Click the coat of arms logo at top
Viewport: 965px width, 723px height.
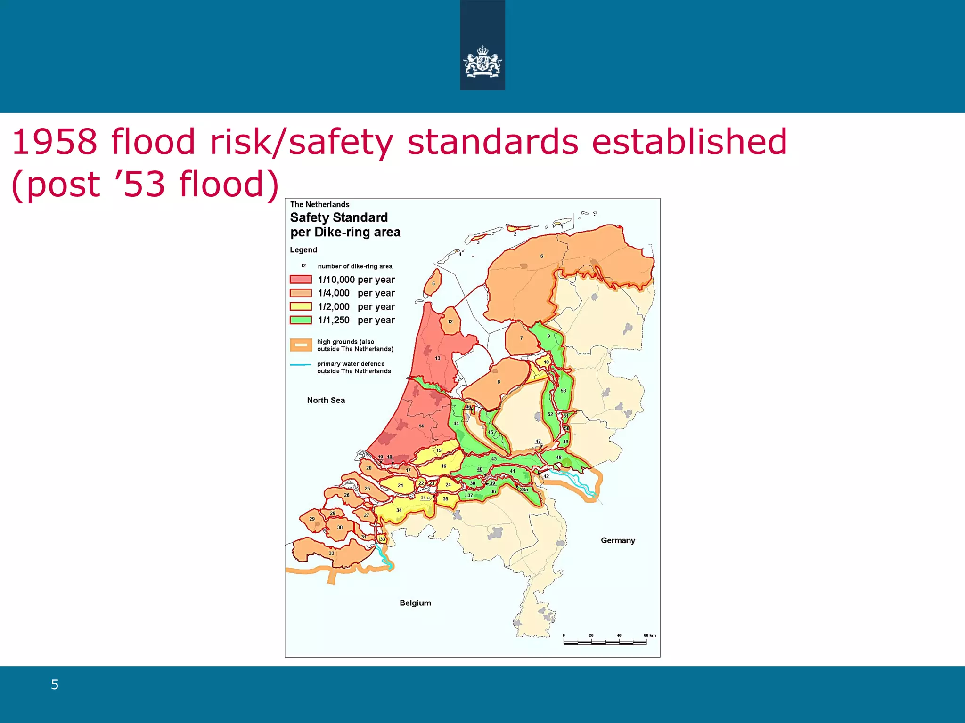(482, 62)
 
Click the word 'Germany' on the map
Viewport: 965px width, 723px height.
(618, 540)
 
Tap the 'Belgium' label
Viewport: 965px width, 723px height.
(415, 603)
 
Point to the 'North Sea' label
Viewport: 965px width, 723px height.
(326, 400)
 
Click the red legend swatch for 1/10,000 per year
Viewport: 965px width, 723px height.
(301, 280)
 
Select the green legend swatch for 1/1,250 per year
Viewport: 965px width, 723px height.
(301, 320)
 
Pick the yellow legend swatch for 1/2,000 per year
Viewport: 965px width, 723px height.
(301, 306)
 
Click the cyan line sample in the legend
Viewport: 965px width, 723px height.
(301, 365)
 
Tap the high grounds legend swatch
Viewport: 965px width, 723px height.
(301, 345)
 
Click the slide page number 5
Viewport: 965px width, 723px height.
(55, 684)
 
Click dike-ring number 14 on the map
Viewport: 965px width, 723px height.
(421, 426)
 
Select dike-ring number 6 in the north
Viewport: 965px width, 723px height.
(541, 256)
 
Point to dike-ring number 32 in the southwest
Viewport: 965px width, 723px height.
(331, 553)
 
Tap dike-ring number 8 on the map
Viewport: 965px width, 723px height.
(498, 382)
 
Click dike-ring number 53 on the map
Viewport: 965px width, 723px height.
(563, 391)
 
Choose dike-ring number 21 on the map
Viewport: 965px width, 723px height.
(400, 485)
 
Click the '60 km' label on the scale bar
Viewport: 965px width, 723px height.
(649, 635)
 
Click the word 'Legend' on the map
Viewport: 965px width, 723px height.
(303, 250)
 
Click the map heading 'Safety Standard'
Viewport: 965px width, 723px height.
(339, 217)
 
